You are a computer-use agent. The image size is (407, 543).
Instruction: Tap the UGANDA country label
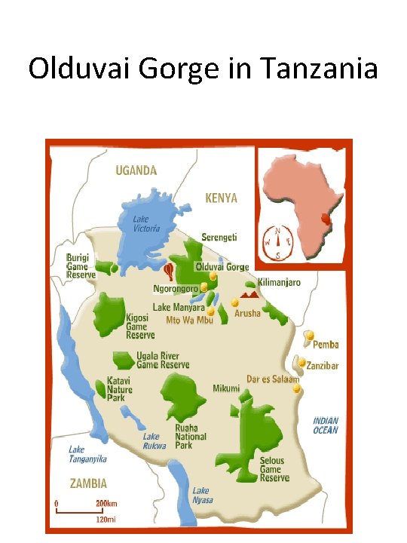(x=136, y=170)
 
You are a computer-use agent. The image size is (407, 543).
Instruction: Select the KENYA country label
(x=221, y=198)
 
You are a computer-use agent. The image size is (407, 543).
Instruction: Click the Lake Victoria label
(x=147, y=224)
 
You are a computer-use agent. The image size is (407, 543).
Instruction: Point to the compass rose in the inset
(x=279, y=241)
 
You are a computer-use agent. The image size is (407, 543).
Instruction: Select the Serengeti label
(x=219, y=237)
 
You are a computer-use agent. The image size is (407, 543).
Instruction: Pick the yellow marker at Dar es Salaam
(x=297, y=389)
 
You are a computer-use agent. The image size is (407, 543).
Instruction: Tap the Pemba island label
(x=326, y=345)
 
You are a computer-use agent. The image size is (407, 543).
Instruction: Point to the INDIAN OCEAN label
(x=326, y=425)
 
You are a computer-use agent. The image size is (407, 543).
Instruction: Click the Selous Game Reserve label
(x=274, y=469)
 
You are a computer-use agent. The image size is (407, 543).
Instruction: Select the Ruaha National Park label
(x=191, y=437)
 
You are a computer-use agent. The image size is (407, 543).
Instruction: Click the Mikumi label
(x=226, y=388)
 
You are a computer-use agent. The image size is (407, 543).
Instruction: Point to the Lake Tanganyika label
(x=87, y=454)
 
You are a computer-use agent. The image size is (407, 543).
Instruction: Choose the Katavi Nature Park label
(x=119, y=390)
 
